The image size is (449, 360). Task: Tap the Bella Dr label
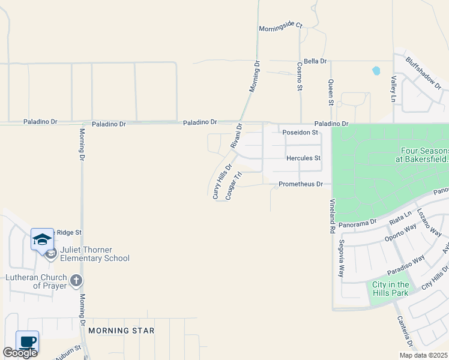[x=315, y=61]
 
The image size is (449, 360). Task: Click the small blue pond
[x=376, y=70]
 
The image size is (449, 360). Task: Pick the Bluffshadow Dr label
[x=423, y=73]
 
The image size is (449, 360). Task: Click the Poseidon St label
[x=300, y=133]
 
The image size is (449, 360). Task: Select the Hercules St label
[x=304, y=158]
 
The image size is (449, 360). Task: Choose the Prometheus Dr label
[x=301, y=184]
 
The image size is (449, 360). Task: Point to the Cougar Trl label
[x=233, y=186]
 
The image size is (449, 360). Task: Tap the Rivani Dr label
[x=235, y=136]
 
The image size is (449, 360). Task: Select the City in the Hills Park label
[x=390, y=289]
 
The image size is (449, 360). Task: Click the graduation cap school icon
[x=42, y=239]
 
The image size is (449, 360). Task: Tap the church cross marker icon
[x=76, y=280]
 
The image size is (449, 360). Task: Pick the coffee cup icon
[x=28, y=341]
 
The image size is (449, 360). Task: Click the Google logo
[x=20, y=353]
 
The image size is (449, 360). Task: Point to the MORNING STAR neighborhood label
[x=121, y=331]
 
